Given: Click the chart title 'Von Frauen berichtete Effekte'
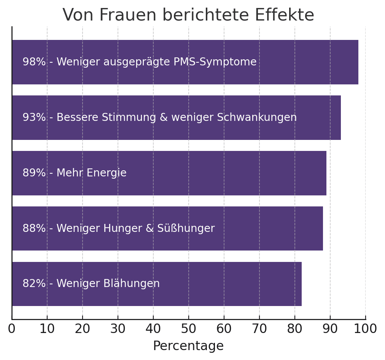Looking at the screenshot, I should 188,15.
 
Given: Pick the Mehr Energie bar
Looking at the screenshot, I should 228,173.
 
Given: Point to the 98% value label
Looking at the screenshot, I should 34,62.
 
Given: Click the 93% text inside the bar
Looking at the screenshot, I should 34,117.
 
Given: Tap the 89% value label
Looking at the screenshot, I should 34,173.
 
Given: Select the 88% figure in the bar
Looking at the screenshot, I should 34,228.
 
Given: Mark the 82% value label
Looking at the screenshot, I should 34,284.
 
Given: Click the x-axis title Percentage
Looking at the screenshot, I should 188,346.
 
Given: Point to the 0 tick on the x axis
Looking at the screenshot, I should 12,329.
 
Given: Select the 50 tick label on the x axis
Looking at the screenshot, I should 189,329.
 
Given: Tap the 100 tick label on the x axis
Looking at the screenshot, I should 366,329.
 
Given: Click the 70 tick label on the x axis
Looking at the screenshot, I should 259,329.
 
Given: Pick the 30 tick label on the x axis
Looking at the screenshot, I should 118,329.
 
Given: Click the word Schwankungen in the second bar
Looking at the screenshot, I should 257,117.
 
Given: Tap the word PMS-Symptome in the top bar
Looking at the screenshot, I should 215,62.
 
